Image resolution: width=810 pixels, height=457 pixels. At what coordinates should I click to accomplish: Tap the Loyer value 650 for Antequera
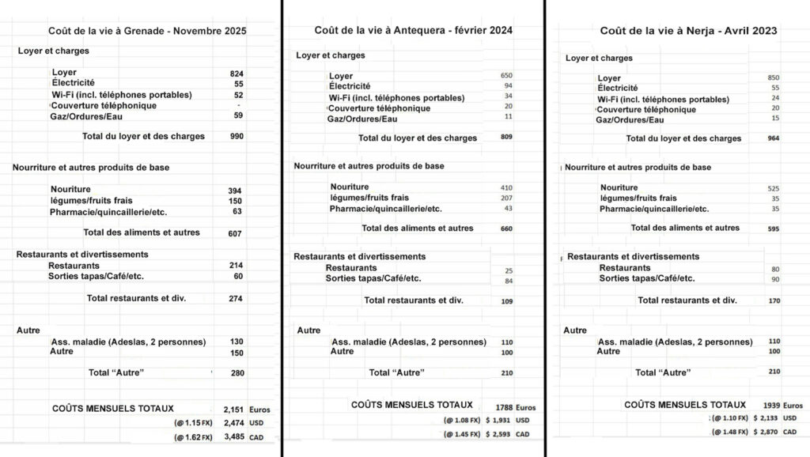pos(507,75)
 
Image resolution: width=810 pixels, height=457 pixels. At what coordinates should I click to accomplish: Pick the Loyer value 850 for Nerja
pos(774,77)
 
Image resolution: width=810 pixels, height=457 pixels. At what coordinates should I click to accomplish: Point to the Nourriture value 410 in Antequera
pos(507,187)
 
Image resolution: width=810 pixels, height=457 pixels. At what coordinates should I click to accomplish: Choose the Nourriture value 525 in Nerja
pos(774,187)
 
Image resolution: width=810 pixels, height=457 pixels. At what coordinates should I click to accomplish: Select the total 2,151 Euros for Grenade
pos(232,409)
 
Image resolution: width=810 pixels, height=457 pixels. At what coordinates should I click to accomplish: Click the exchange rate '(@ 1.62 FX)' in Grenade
pos(194,436)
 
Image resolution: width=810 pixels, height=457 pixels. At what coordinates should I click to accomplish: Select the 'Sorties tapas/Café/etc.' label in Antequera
pos(374,278)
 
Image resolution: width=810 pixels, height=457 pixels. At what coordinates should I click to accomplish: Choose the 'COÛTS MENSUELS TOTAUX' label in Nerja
pos(685,404)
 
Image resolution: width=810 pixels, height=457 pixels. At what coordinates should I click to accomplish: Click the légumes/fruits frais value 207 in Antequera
pos(507,198)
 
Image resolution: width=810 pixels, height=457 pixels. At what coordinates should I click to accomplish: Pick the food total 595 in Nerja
pos(774,228)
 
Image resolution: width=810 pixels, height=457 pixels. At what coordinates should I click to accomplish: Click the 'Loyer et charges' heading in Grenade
pos(54,51)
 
